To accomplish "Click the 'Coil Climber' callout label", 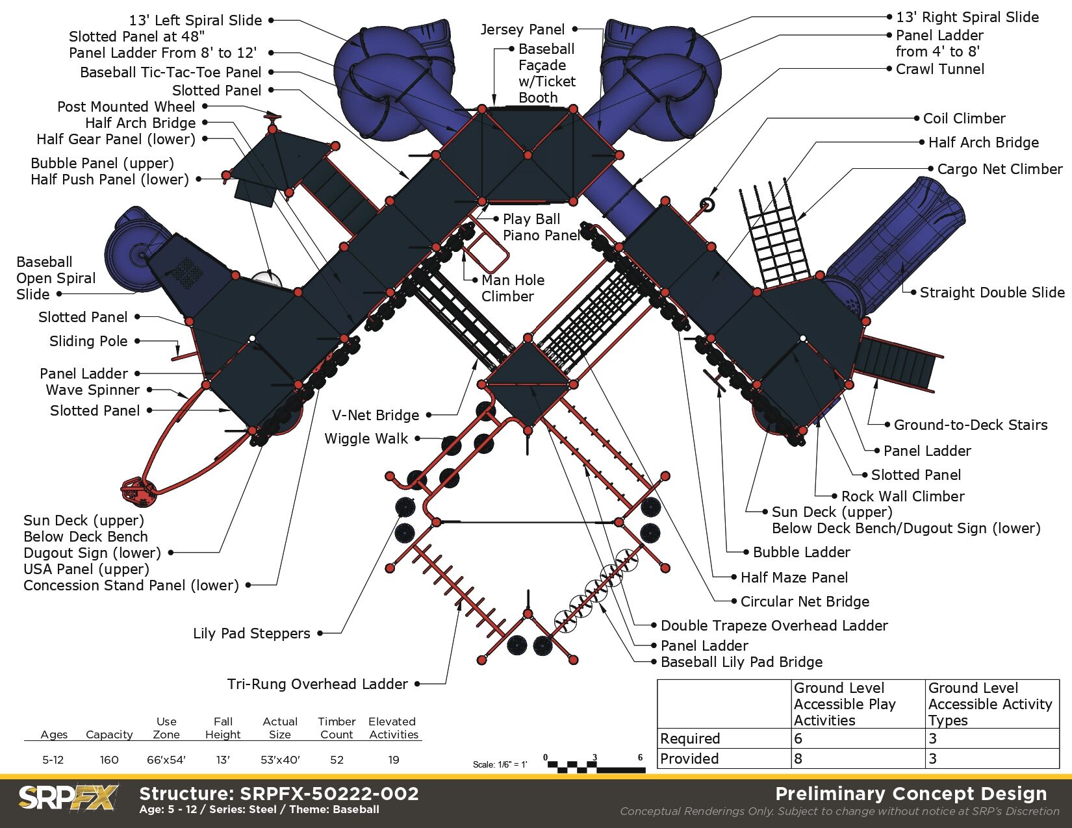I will click(x=964, y=118).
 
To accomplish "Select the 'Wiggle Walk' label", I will click(x=366, y=438).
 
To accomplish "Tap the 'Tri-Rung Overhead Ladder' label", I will click(x=317, y=684).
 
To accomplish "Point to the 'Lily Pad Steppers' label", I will click(x=251, y=633).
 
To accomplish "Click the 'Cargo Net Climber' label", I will click(x=999, y=169).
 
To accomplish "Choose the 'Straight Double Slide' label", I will click(x=991, y=292).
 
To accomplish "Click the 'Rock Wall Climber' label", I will click(x=902, y=496).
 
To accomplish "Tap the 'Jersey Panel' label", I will click(x=522, y=29).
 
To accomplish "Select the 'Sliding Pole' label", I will click(x=88, y=341).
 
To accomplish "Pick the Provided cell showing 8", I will click(x=798, y=759).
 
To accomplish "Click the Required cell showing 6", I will click(x=798, y=738).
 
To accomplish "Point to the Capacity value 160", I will click(x=109, y=760).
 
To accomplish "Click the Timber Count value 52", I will click(x=337, y=760).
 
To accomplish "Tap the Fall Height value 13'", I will click(x=223, y=760).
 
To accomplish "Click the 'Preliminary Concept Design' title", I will click(x=911, y=794).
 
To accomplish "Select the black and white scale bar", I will click(x=596, y=766).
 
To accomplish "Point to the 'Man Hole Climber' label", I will click(x=513, y=288).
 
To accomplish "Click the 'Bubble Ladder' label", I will click(x=801, y=552).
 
